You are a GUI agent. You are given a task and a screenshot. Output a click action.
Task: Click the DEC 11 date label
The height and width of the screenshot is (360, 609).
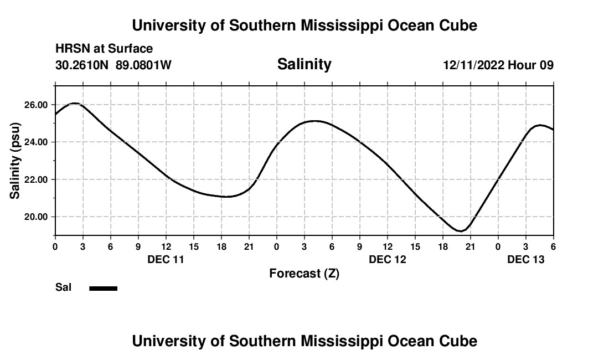pos(166,259)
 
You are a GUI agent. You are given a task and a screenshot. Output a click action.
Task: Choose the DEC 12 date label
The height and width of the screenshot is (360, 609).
pos(388,259)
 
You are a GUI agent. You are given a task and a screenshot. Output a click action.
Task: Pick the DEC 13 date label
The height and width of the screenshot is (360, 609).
pos(526,259)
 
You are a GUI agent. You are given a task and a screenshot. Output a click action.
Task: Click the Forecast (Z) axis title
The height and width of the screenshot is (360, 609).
pos(304,273)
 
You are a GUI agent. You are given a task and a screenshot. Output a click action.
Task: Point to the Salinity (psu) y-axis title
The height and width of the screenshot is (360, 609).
pos(16,161)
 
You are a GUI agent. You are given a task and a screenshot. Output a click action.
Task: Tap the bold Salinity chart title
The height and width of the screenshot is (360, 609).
pos(304,64)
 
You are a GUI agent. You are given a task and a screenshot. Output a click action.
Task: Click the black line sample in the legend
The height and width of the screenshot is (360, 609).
pos(104,288)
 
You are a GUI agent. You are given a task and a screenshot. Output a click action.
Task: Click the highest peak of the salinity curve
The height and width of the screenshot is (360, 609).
pos(75,103)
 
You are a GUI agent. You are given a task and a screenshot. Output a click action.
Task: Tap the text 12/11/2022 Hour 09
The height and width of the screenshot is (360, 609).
pos(498,65)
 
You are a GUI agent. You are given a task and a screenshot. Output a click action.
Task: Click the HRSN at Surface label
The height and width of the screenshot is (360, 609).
pos(104,49)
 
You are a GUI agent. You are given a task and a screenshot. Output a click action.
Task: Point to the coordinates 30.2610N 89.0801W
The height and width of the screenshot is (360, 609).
pos(113,65)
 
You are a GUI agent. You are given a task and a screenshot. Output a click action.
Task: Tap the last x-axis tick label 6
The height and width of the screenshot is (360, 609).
pos(553,246)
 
